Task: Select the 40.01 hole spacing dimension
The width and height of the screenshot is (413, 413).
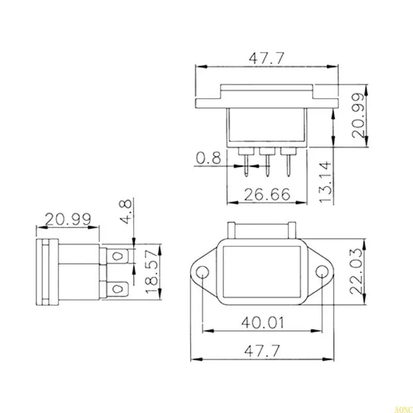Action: (x=263, y=323)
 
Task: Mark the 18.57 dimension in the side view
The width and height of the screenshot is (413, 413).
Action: (x=151, y=273)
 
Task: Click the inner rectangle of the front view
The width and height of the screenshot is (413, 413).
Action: (x=263, y=272)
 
